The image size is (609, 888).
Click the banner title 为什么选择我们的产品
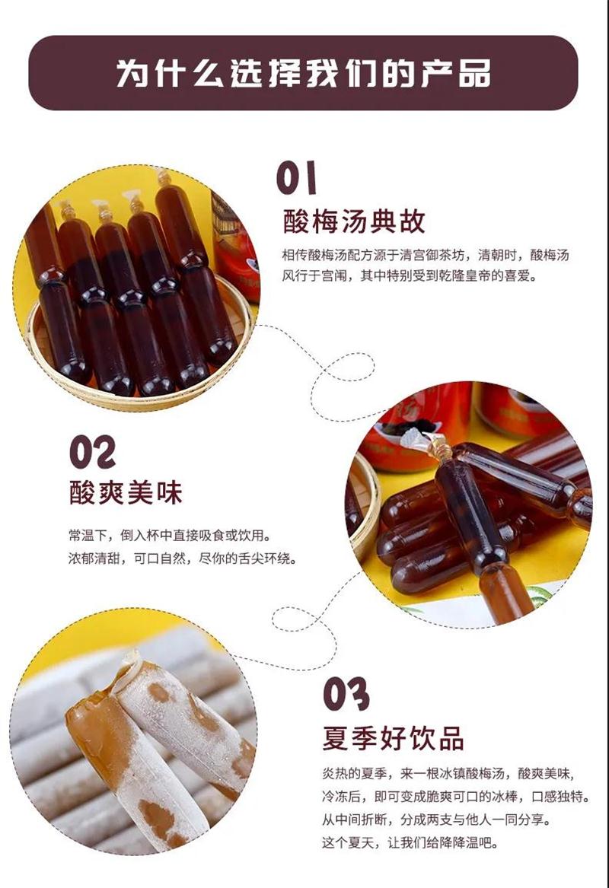[303, 73]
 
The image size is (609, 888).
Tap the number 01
[295, 177]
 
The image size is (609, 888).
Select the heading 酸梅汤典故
[354, 221]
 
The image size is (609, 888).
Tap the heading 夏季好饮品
[393, 738]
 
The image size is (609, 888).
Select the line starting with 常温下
[170, 535]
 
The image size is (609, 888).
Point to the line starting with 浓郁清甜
[182, 559]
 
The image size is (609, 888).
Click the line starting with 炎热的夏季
[448, 773]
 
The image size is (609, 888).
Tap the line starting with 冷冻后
[455, 796]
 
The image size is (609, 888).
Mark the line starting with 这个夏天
[411, 842]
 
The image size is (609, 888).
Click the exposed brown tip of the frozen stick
[91, 715]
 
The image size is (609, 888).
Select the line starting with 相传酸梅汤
[426, 255]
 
